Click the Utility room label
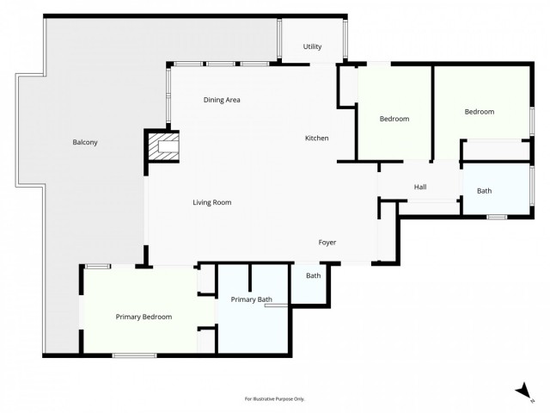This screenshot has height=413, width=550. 312,46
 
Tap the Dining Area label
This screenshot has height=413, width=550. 222,100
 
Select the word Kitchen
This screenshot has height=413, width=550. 317,139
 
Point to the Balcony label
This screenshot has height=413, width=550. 85,142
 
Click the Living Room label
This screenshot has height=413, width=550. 211,202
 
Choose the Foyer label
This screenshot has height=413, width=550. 327,243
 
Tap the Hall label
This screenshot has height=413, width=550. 420,187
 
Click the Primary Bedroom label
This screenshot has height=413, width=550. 144,317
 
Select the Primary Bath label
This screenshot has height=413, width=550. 252,299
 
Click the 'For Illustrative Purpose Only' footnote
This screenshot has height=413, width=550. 275,399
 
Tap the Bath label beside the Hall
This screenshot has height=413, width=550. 485,191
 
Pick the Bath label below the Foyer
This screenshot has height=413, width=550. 313,275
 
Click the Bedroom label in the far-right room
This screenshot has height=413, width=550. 480,112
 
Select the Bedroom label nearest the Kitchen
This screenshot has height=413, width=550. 394,119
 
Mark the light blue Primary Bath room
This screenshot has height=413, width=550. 254,331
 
